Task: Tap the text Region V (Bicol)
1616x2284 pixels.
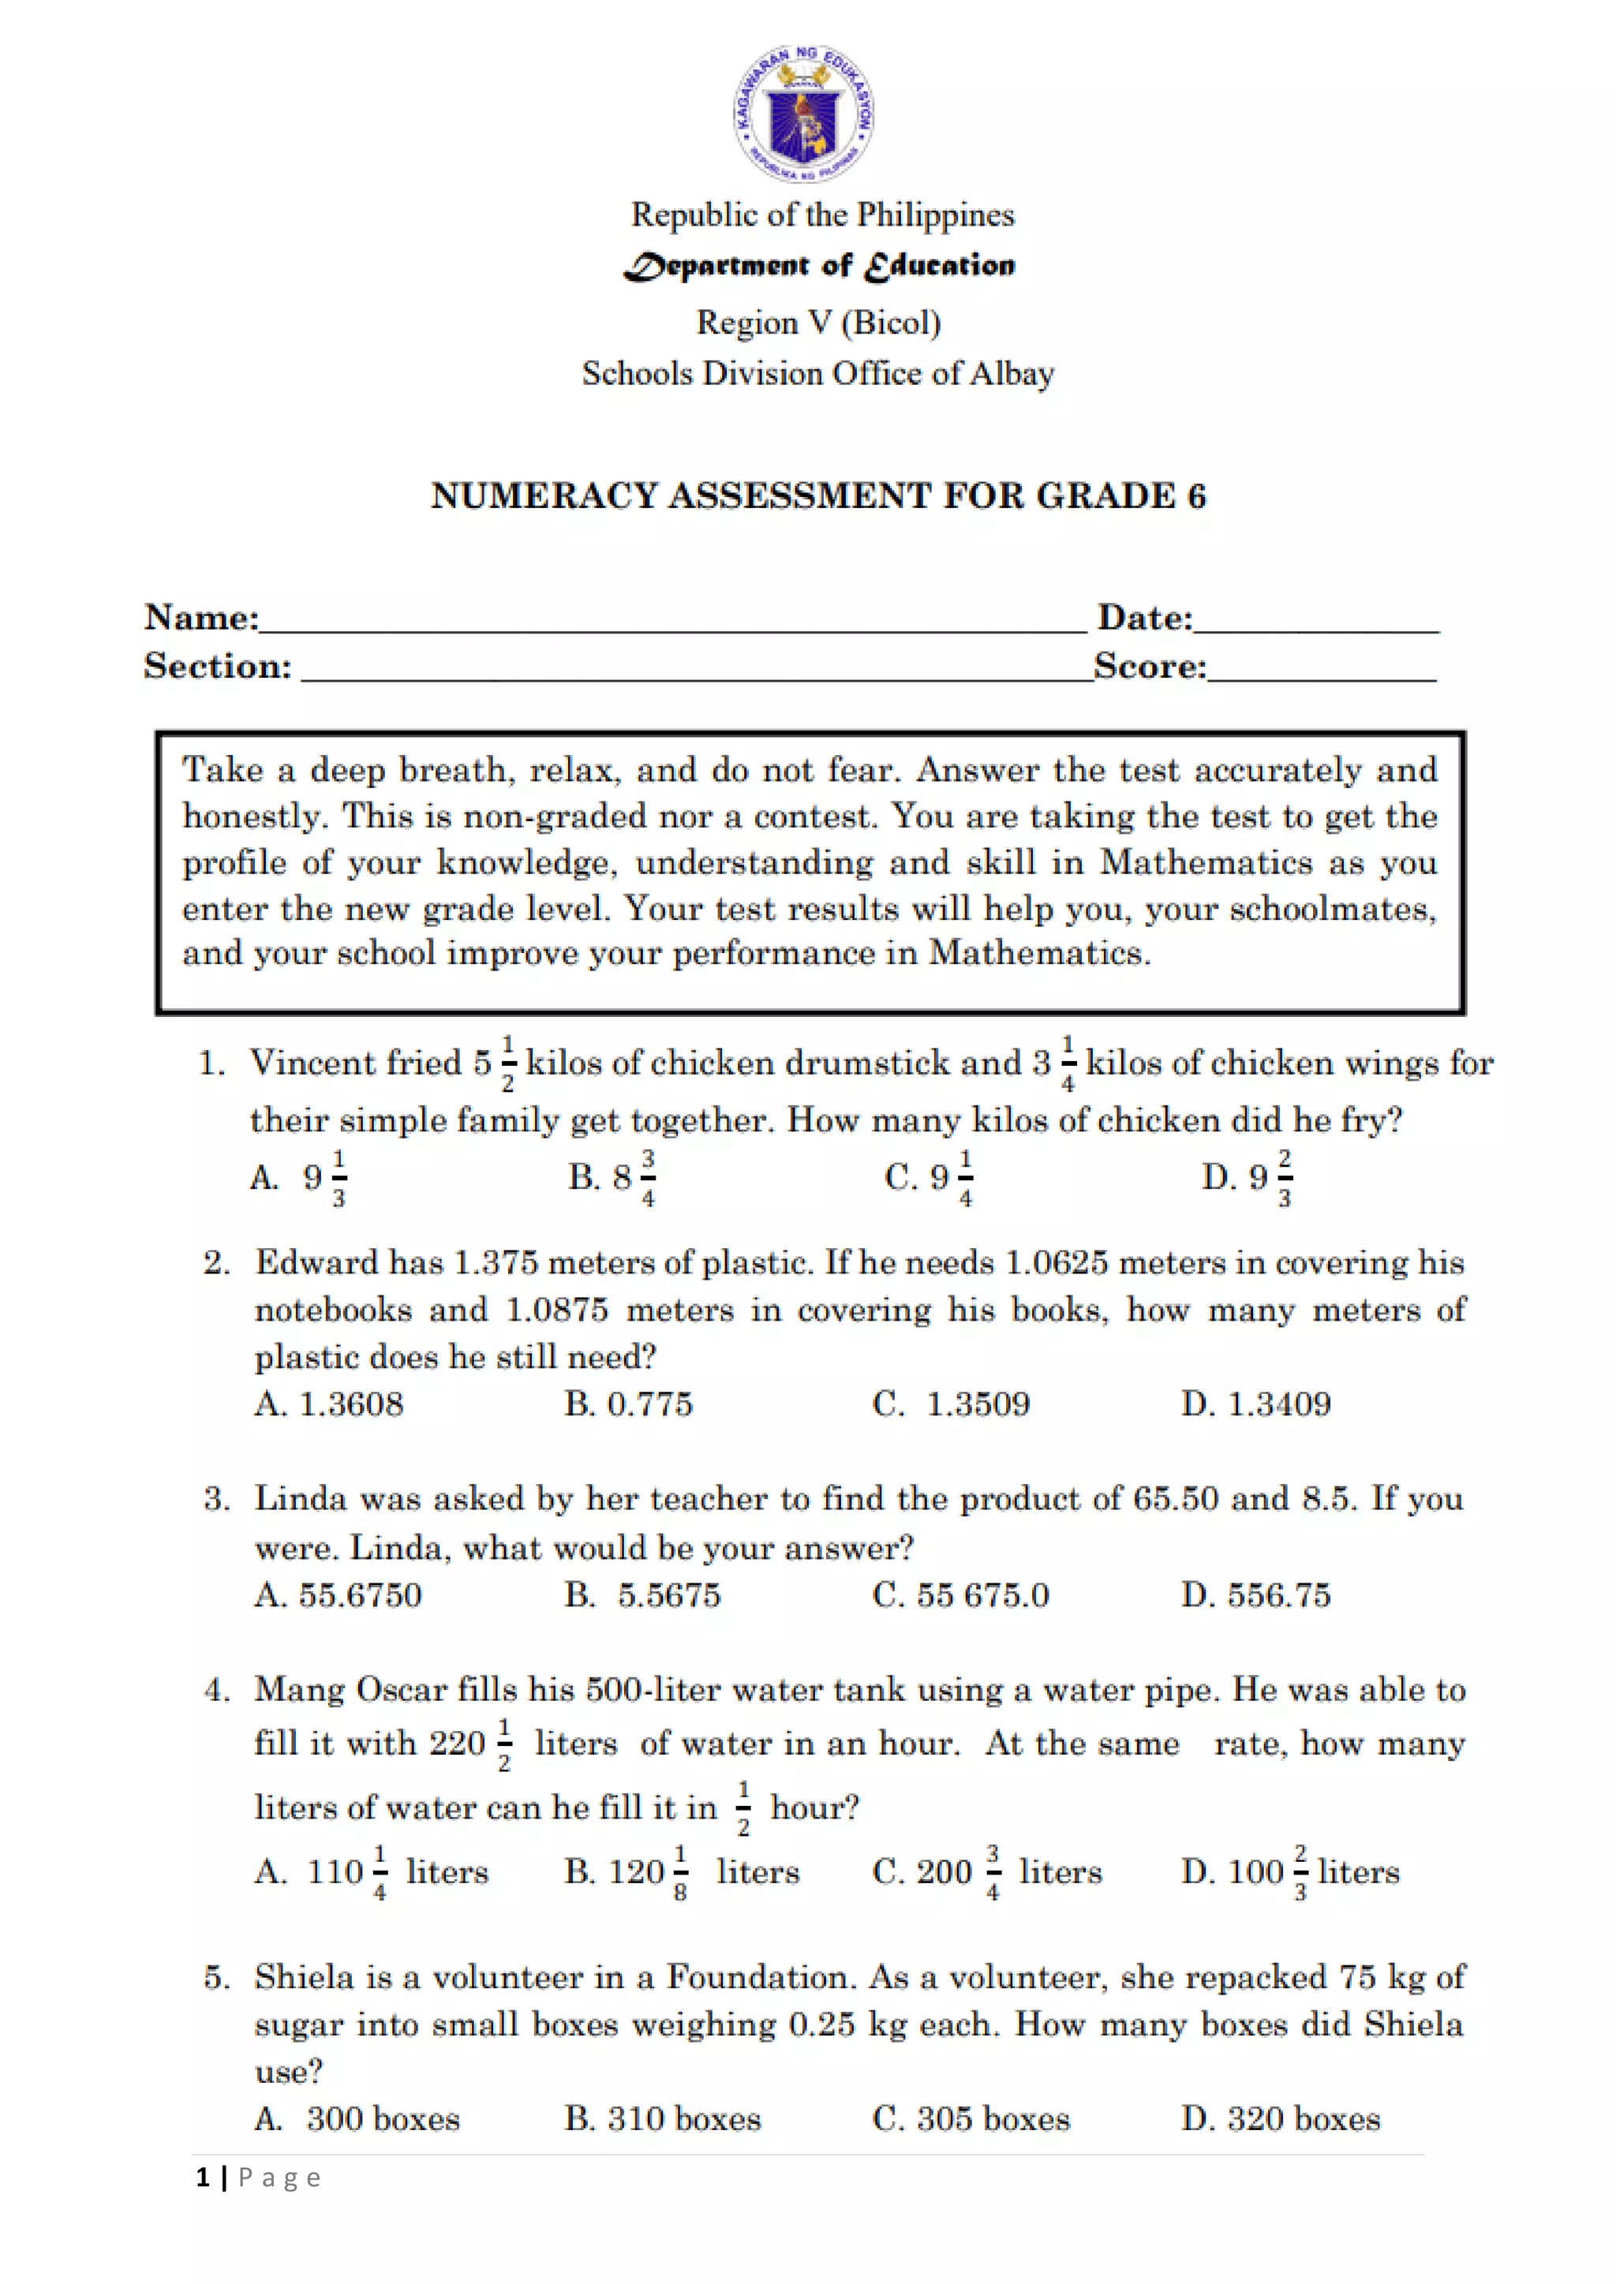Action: click(x=818, y=323)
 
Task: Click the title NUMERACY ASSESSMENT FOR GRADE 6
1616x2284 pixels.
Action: click(x=818, y=495)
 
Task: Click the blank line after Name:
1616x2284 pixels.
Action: click(x=671, y=621)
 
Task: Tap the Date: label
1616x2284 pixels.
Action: click(x=1144, y=618)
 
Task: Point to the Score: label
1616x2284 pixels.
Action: click(x=1150, y=666)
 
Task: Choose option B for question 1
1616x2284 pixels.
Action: click(x=611, y=1178)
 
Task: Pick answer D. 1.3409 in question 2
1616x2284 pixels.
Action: click(x=1255, y=1404)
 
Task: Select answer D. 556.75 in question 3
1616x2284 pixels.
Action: click(x=1255, y=1594)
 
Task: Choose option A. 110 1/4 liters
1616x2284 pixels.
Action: click(x=370, y=1872)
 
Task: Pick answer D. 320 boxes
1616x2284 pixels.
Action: click(x=1281, y=2119)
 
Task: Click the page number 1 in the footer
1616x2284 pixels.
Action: click(x=203, y=2178)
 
